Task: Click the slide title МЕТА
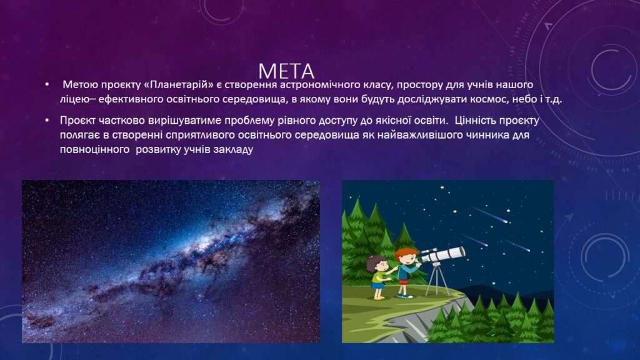pos(286,71)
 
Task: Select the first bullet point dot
pos(47,84)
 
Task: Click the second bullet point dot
pos(47,121)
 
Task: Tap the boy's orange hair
pos(403,254)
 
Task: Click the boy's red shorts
pos(403,281)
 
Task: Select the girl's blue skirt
pos(378,285)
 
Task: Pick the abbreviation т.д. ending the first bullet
pos(554,99)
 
